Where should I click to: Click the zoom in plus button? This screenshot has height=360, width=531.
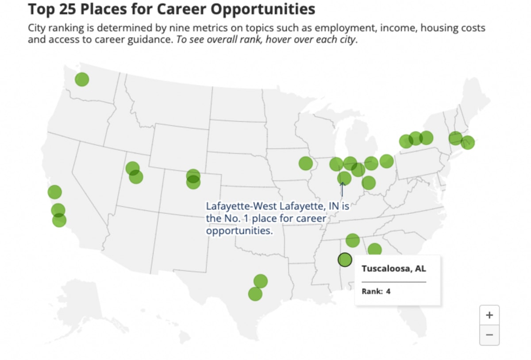click(489, 315)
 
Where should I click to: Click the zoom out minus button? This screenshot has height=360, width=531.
click(489, 335)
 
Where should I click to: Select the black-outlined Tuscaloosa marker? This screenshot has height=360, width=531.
click(345, 259)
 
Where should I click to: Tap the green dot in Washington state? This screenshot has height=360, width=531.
click(82, 80)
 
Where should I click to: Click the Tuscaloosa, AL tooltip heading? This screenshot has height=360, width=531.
click(394, 269)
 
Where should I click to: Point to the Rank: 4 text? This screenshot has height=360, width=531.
click(376, 291)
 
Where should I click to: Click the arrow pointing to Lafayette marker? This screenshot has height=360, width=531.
click(342, 190)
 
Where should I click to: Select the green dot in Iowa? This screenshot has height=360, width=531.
click(305, 163)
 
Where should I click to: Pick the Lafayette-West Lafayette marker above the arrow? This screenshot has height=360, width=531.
click(344, 178)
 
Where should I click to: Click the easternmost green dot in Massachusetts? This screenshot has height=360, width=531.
click(467, 143)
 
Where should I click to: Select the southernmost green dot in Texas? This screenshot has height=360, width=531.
click(255, 294)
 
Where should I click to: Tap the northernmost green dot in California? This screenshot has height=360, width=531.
click(54, 192)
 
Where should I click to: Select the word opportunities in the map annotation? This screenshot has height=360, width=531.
click(239, 231)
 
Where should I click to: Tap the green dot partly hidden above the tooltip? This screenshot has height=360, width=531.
click(374, 250)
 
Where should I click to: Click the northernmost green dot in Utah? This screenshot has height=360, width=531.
click(132, 168)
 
